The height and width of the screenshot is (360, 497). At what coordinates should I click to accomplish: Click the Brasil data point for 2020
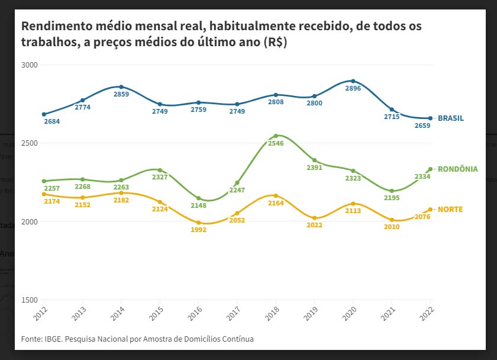353,81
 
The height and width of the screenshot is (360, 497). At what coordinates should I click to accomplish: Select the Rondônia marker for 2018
276,136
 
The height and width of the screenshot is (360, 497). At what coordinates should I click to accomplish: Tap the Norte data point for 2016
199,223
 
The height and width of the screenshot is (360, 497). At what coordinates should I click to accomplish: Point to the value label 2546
276,143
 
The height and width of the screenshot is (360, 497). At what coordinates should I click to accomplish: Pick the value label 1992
199,230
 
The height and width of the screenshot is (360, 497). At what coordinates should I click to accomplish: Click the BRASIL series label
451,118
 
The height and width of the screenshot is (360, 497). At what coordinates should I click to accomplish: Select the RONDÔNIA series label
457,169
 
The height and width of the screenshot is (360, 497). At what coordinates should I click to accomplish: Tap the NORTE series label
450,210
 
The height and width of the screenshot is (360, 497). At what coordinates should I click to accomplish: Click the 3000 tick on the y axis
29,65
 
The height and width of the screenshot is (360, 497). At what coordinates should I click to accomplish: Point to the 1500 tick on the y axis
29,300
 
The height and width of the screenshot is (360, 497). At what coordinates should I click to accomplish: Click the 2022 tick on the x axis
427,314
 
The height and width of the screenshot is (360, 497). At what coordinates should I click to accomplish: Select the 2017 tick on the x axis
234,314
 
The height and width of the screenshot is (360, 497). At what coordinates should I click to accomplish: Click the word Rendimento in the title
57,27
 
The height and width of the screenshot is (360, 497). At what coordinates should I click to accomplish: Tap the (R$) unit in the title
275,43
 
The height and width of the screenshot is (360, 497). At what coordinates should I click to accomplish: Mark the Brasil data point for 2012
44,114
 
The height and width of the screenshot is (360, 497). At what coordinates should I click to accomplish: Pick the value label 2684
51,122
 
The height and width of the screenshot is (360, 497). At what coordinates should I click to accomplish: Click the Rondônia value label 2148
199,205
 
